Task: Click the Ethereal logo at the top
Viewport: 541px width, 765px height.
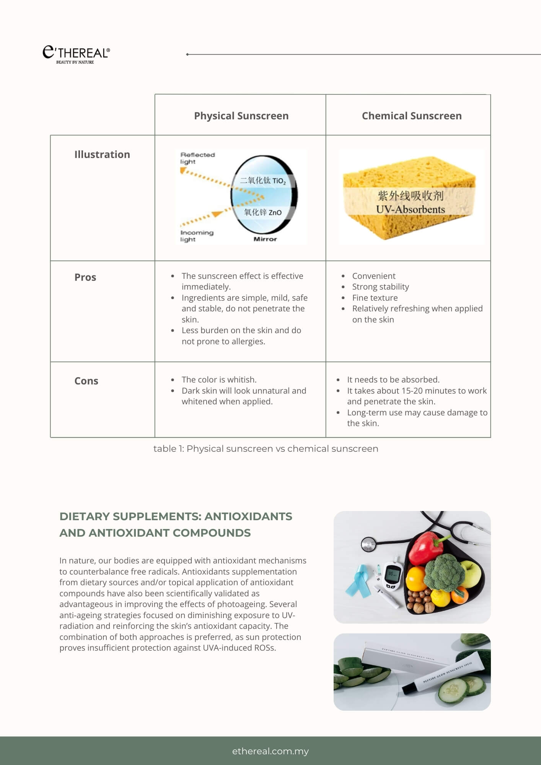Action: tap(76, 54)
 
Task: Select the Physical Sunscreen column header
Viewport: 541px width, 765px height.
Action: tap(241, 116)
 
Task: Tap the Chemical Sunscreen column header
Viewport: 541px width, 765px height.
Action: tap(411, 116)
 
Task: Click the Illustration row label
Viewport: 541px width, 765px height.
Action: tap(102, 154)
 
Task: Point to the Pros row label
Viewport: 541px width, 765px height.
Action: tap(85, 277)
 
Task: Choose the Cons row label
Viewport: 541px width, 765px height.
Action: tap(86, 381)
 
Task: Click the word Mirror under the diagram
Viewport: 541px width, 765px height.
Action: tap(265, 239)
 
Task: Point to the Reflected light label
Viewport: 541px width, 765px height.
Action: tap(197, 158)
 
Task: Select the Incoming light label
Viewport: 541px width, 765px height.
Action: tap(197, 236)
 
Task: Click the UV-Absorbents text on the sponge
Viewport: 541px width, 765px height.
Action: tap(410, 209)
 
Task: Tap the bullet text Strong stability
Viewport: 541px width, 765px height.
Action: tap(380, 286)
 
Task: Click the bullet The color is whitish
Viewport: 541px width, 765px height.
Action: tap(219, 379)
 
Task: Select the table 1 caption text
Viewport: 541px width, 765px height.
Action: tap(266, 448)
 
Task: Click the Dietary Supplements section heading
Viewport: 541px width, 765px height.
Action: tap(176, 524)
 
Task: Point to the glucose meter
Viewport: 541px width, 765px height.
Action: tap(393, 576)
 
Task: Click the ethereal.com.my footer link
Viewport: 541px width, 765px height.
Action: tap(270, 751)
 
